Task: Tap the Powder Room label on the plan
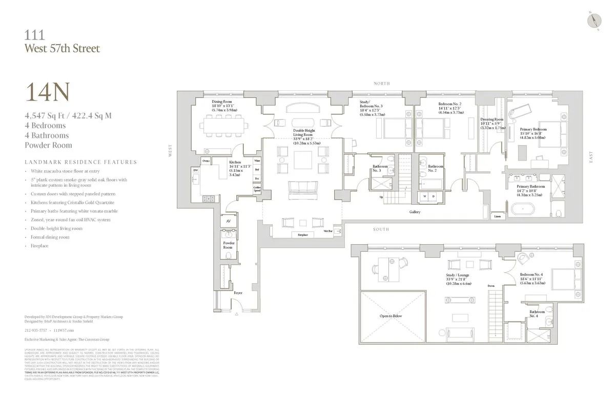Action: click(x=228, y=245)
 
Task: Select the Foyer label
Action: click(x=238, y=293)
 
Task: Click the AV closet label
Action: click(x=228, y=221)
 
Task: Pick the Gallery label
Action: click(x=415, y=211)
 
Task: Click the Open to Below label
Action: click(x=391, y=316)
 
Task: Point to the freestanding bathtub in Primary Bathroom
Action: click(x=522, y=209)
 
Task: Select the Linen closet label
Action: click(x=497, y=217)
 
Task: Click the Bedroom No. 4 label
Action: click(x=532, y=275)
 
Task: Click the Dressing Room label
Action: click(x=491, y=120)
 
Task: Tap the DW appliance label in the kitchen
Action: click(x=196, y=170)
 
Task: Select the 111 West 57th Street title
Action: click(x=62, y=42)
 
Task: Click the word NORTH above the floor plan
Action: click(x=382, y=83)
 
